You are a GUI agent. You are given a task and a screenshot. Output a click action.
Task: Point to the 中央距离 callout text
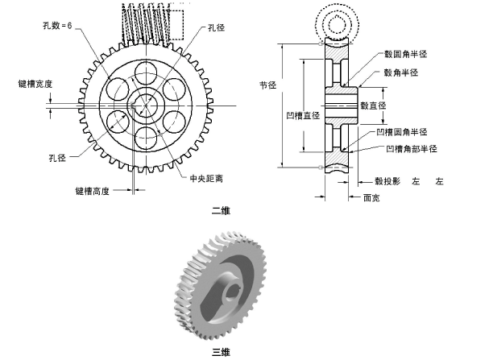[x=206, y=179]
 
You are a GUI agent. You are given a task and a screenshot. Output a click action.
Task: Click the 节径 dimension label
[x=267, y=83]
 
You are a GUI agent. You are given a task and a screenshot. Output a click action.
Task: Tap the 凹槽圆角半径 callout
[x=407, y=131]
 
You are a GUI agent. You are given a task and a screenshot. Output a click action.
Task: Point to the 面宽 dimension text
[x=372, y=197]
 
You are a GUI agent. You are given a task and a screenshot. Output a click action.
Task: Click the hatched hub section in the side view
[x=339, y=106]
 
